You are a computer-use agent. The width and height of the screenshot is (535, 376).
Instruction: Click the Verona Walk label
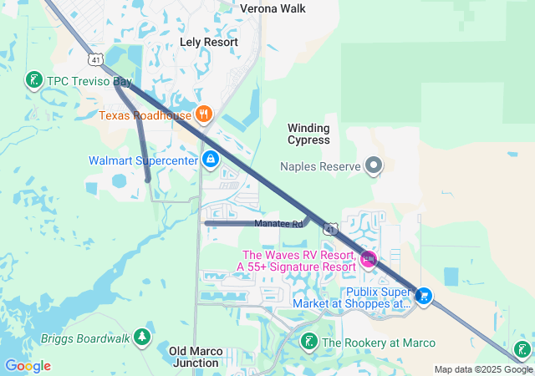273,8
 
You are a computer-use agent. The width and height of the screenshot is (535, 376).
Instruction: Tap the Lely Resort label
209,41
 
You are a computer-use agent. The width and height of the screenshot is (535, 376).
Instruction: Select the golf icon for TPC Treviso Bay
34,81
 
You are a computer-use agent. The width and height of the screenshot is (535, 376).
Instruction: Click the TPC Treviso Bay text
89,82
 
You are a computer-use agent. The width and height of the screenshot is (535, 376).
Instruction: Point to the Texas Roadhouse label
145,115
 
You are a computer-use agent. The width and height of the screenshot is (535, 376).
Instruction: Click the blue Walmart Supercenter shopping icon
211,159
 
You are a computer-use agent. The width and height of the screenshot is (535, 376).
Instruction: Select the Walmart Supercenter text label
143,160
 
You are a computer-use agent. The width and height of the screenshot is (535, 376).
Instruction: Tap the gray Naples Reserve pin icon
374,165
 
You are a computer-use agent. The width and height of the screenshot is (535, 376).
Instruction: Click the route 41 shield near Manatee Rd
332,228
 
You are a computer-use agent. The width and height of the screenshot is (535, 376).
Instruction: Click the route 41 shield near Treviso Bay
97,60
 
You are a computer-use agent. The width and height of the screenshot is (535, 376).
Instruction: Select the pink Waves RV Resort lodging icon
369,261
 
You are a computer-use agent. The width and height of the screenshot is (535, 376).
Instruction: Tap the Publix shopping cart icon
424,297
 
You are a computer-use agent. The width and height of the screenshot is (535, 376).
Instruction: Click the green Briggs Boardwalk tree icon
143,338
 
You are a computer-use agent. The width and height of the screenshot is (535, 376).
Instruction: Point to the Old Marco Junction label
195,357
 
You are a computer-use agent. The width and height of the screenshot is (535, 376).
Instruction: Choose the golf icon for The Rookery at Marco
309,342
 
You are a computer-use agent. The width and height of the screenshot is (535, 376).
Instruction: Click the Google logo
28,366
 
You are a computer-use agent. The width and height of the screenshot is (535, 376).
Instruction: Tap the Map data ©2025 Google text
483,369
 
